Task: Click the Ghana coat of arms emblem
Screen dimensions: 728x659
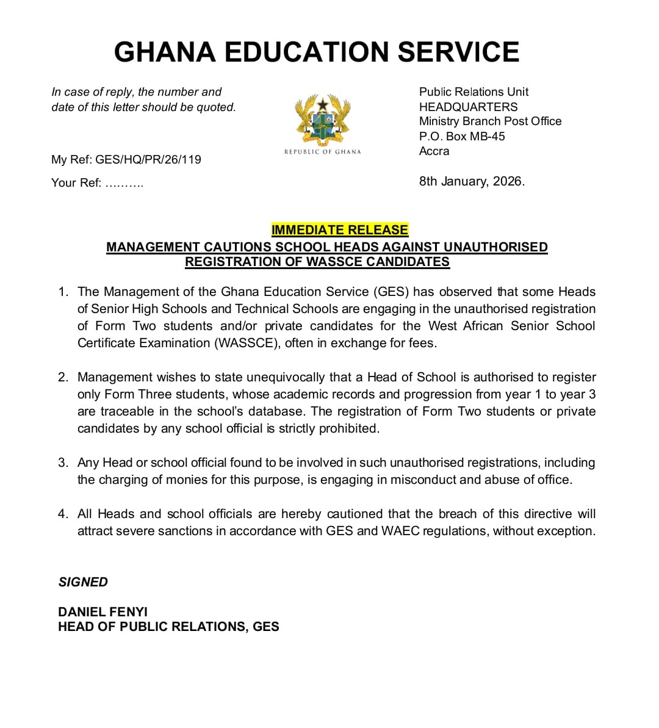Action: pos(323,120)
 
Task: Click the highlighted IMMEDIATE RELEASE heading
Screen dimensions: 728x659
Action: pos(340,230)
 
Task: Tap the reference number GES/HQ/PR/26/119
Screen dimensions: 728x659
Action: pos(148,159)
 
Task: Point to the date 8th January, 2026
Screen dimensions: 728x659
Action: pos(472,181)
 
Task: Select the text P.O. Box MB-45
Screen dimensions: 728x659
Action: pos(462,136)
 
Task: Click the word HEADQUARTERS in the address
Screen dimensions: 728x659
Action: pos(468,107)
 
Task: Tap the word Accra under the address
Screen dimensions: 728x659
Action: pos(434,151)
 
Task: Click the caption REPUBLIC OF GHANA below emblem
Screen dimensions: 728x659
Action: pos(323,152)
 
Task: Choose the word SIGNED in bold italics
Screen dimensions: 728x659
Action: pos(83,582)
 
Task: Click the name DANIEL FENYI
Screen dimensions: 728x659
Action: pos(103,611)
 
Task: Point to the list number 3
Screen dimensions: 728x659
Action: pos(63,463)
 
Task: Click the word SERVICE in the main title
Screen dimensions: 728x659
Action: pos(458,52)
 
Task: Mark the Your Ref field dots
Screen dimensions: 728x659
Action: pos(124,183)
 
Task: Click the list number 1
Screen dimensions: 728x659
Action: pos(63,292)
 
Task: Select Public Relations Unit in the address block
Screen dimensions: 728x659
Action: pos(474,92)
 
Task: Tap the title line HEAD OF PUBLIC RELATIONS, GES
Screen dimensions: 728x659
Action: pos(168,627)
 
